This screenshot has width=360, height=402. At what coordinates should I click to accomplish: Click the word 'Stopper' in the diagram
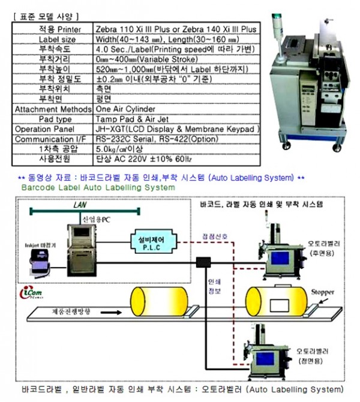point(322,292)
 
